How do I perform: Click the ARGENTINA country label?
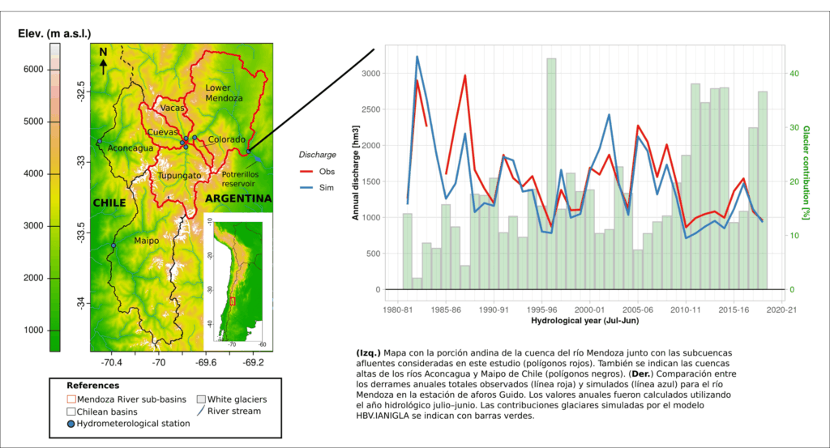(x=238, y=198)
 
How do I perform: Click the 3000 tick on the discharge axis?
(x=369, y=74)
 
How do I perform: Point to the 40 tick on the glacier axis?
(x=795, y=74)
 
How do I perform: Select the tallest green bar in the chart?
(x=551, y=173)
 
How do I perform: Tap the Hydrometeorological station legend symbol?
(x=72, y=423)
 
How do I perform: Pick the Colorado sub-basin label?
(x=226, y=139)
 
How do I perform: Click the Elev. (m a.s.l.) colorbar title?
(x=54, y=32)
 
